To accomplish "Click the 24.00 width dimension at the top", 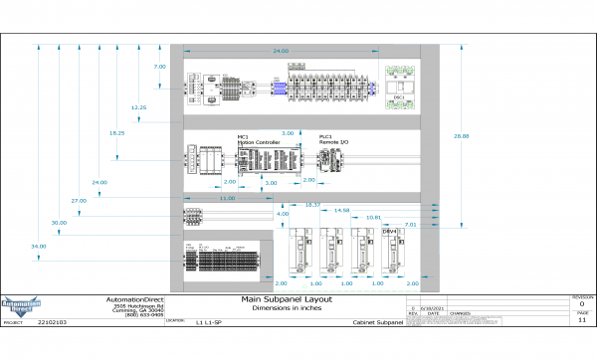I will point(281,50).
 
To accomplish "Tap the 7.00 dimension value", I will point(159,66).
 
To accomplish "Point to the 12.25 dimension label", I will point(138,106).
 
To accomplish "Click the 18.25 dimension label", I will point(117,132).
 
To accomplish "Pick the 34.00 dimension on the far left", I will point(38,246).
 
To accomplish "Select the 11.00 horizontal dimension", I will point(227,198).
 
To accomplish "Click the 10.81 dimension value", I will point(374,217).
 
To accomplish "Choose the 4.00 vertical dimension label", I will point(283,214).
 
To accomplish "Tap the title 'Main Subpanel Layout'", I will point(287,299).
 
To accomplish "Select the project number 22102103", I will point(52,323).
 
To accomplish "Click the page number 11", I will point(582,321).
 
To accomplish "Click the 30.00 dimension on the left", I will point(59,223).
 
